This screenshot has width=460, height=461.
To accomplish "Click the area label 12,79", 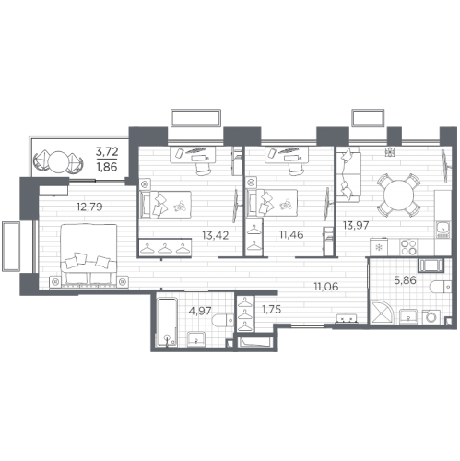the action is click(x=89, y=207).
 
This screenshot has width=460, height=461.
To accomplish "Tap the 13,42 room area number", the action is click(x=216, y=235).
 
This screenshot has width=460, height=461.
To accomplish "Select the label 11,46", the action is click(x=291, y=234).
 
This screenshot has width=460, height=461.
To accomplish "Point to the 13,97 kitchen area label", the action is click(x=356, y=225).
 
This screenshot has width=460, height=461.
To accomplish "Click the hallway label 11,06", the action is click(x=326, y=287).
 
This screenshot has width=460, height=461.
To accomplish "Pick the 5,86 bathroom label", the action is click(x=406, y=280).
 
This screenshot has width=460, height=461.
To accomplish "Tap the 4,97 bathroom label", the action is click(x=200, y=311).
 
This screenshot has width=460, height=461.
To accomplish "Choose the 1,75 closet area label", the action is click(x=271, y=310).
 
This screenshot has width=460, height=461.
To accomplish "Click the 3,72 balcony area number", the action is click(x=107, y=151).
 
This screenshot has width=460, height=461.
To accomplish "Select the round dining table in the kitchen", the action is click(x=398, y=195).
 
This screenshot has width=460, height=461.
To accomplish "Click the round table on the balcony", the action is click(x=58, y=161).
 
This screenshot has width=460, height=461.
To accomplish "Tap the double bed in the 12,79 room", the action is click(x=88, y=255).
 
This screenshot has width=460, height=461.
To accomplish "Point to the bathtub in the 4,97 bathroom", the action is click(x=167, y=322).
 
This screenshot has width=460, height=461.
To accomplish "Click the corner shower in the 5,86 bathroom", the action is click(x=382, y=312).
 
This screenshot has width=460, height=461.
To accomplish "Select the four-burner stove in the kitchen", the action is click(x=408, y=247).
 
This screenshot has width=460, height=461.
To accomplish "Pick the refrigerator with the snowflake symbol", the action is click(x=379, y=247).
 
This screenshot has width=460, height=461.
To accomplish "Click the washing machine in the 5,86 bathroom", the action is click(x=431, y=317).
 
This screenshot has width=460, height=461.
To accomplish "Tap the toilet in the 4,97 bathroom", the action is click(x=222, y=320).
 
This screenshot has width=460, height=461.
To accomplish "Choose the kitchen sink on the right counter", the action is click(x=442, y=230).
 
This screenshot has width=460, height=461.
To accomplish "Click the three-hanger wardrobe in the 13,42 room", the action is click(x=165, y=247).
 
